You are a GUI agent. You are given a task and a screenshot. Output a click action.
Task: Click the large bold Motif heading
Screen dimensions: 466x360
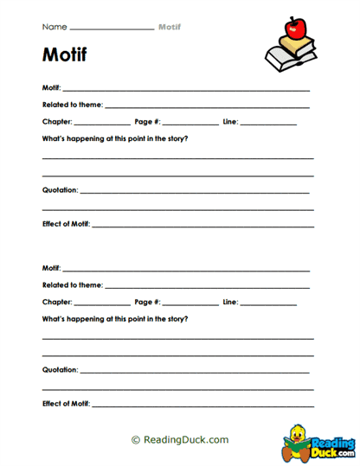pos(64,56)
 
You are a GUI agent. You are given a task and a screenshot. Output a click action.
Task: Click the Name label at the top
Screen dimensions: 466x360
pos(54,27)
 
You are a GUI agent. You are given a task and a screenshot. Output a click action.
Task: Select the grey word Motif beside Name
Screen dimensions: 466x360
pos(170,27)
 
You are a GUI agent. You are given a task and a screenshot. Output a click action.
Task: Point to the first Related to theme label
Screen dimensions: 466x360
pos(73,105)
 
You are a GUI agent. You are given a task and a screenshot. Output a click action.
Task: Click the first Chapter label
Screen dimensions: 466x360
pos(57,121)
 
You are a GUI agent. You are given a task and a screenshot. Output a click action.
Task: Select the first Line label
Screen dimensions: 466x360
pos(229,121)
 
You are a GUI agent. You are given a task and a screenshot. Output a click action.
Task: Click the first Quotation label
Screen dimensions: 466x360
pos(60,189)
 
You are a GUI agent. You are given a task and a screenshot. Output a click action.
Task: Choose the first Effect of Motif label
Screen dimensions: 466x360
pos(66,224)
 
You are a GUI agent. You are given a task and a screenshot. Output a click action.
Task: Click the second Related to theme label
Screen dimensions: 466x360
pos(73,284)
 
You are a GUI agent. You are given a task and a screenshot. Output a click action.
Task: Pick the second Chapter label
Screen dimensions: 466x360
pos(57,302)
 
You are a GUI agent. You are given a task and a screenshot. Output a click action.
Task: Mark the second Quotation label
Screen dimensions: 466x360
pos(60,369)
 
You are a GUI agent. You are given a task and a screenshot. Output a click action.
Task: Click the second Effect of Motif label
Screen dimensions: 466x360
pos(66,404)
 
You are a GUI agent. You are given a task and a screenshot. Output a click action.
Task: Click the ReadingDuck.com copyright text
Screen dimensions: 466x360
pos(180,439)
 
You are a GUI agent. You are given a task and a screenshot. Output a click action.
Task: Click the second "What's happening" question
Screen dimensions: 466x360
pos(115,318)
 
